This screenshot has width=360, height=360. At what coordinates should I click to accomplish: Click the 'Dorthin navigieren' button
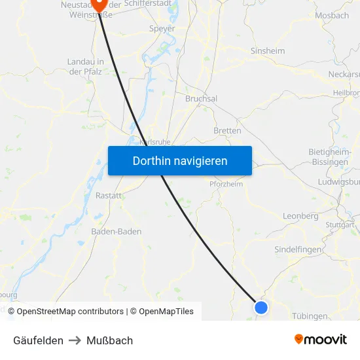(x=180, y=160)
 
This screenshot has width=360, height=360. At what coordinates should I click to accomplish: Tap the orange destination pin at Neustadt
(x=100, y=4)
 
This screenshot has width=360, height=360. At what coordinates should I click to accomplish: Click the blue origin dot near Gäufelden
(x=261, y=307)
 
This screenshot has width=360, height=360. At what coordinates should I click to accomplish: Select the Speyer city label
(x=163, y=29)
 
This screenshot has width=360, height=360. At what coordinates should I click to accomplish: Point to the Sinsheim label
(x=267, y=50)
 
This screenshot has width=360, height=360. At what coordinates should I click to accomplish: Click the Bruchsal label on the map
(x=201, y=98)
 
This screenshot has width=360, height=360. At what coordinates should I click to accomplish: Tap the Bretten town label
(x=227, y=131)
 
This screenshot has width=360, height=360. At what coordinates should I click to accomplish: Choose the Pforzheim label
(x=226, y=184)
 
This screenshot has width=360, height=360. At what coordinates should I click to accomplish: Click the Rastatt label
(x=109, y=196)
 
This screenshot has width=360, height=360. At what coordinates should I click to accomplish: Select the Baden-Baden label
(x=116, y=231)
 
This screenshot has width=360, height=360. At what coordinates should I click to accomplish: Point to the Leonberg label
(x=300, y=216)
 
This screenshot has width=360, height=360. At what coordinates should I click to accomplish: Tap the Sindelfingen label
(x=298, y=249)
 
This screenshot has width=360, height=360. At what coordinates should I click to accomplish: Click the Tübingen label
(x=310, y=316)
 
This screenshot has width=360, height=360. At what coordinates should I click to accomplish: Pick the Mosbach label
(x=332, y=15)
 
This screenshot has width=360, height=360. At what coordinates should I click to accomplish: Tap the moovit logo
(x=321, y=340)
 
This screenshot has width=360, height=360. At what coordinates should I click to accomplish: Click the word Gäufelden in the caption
(x=38, y=340)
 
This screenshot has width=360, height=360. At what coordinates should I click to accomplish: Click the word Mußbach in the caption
(x=109, y=340)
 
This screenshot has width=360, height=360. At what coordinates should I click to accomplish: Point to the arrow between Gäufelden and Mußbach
(x=75, y=340)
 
